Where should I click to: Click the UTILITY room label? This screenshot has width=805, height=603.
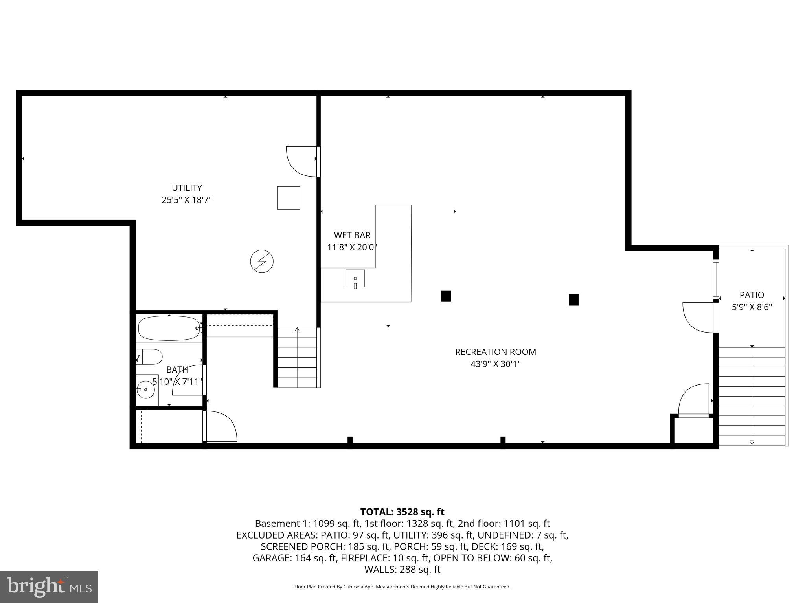pyautogui.click(x=187, y=188)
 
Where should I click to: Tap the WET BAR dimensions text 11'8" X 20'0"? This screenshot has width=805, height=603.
pyautogui.click(x=352, y=247)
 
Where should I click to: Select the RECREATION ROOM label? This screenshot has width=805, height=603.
pyautogui.click(x=495, y=352)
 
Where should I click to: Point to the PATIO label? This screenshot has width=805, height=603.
pyautogui.click(x=752, y=295)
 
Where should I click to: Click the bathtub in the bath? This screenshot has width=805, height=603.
pyautogui.click(x=169, y=328)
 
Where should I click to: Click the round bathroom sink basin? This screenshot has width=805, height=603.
pyautogui.click(x=146, y=389)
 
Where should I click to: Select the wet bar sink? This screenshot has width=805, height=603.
pyautogui.click(x=355, y=279)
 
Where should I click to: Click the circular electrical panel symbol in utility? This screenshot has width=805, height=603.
pyautogui.click(x=262, y=261)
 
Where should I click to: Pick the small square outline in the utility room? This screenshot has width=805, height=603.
pyautogui.click(x=289, y=198)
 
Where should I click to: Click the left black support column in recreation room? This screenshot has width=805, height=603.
pyautogui.click(x=446, y=296)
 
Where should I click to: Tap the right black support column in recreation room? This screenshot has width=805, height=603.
pyautogui.click(x=573, y=300)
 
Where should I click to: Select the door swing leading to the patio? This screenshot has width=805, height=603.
pyautogui.click(x=698, y=317)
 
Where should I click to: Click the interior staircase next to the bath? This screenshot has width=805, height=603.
pyautogui.click(x=298, y=358)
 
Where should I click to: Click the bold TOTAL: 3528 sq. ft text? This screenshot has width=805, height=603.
pyautogui.click(x=402, y=512)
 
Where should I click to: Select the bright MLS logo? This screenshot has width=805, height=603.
pyautogui.click(x=49, y=587)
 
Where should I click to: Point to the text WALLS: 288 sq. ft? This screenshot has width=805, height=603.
pyautogui.click(x=402, y=570)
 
